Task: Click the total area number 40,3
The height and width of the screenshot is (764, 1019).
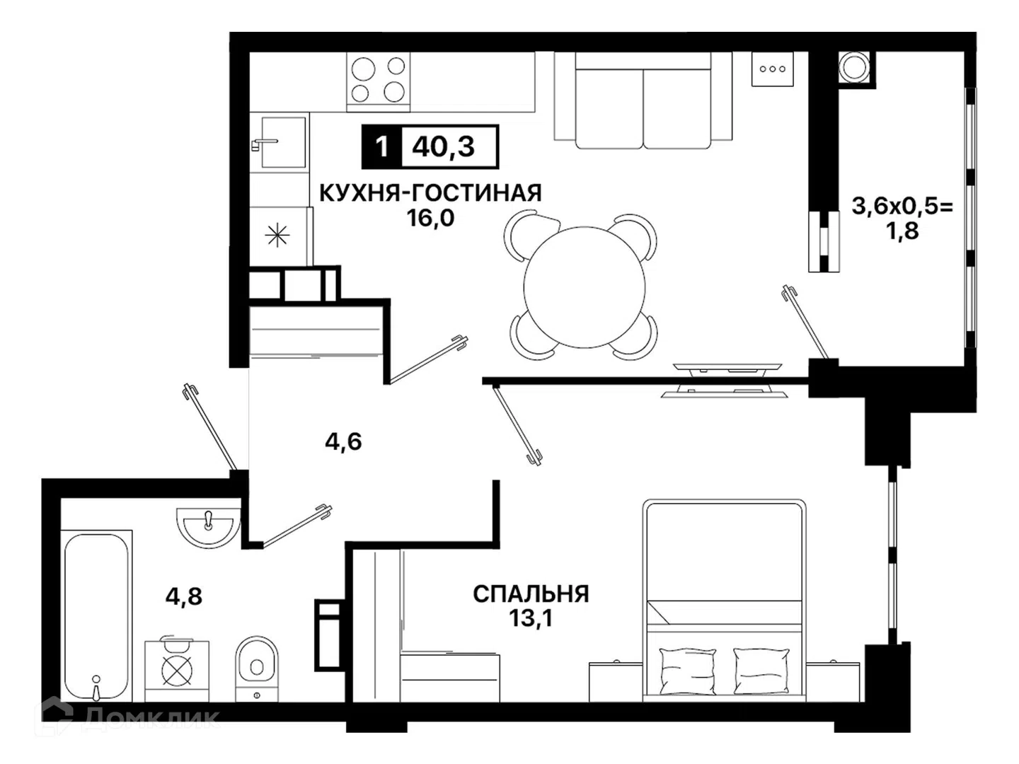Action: [444, 146]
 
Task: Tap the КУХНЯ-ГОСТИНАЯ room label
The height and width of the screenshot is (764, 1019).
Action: [430, 193]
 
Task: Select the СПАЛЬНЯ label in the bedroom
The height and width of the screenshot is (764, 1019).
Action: [531, 594]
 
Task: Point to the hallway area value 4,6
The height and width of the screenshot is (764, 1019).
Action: [343, 441]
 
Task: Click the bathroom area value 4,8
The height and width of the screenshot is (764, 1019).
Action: [183, 596]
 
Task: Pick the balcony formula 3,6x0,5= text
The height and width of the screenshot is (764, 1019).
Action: [902, 207]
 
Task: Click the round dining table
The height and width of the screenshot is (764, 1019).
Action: [585, 287]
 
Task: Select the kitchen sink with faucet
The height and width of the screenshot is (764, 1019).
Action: [279, 142]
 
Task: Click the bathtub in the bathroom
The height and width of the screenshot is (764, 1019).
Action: [96, 615]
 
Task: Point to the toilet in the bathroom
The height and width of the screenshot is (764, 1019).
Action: [257, 668]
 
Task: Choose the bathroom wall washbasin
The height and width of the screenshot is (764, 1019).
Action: [209, 526]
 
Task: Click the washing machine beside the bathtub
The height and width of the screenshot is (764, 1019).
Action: [177, 669]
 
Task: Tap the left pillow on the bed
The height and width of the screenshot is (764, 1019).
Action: [686, 671]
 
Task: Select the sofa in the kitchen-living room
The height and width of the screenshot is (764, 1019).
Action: [643, 100]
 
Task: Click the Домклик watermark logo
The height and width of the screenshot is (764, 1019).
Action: [127, 717]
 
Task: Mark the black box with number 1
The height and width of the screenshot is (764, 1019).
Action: [381, 146]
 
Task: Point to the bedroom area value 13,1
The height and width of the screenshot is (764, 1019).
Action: [531, 618]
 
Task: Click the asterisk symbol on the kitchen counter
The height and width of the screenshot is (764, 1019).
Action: [277, 235]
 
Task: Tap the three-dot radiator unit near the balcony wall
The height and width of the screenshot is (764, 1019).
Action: [773, 69]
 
